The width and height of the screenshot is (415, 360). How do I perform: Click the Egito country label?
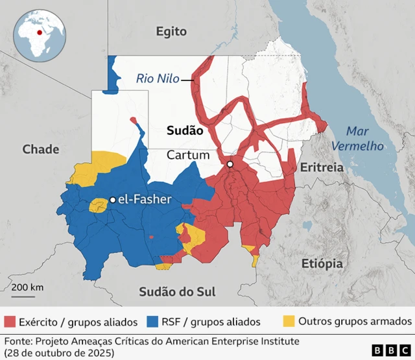pyautogui.click(x=171, y=31)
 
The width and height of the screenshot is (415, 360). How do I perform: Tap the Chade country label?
pyautogui.click(x=41, y=149)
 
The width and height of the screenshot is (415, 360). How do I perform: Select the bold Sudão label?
pyautogui.click(x=185, y=130)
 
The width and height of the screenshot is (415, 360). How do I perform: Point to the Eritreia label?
pyautogui.click(x=321, y=167)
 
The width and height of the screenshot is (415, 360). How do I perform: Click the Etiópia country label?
pyautogui.click(x=322, y=263)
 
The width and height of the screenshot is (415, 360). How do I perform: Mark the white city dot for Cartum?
pyautogui.click(x=230, y=165)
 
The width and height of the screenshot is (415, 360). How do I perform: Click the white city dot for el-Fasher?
pyautogui.click(x=112, y=200)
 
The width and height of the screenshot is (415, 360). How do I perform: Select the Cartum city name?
pyautogui.click(x=188, y=155)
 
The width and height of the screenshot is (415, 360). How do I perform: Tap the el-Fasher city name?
pyautogui.click(x=144, y=200)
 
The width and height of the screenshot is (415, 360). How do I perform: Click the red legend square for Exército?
pyautogui.click(x=10, y=321)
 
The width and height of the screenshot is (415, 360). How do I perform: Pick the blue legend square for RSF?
pyautogui.click(x=153, y=321)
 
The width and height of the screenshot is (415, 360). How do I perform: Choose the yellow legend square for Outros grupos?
pyautogui.click(x=289, y=321)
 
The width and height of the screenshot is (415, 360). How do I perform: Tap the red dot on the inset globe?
pyautogui.click(x=40, y=31)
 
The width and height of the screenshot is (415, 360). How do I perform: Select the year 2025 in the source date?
pyautogui.click(x=95, y=352)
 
